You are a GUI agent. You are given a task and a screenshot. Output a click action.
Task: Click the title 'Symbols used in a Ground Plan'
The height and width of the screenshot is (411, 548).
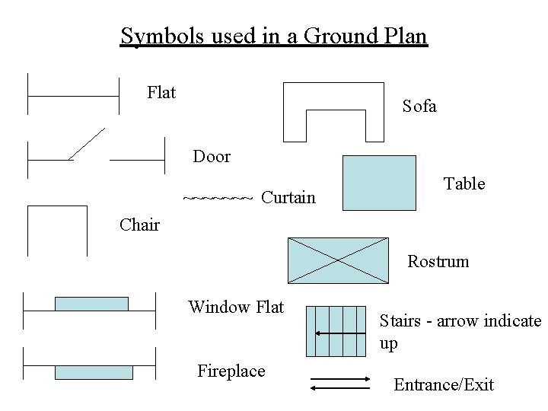coord(274,36)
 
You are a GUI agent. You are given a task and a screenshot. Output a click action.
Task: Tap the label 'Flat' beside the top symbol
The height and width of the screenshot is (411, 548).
coord(161,93)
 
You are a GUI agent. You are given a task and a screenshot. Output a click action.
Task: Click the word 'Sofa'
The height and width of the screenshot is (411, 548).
coord(419,107)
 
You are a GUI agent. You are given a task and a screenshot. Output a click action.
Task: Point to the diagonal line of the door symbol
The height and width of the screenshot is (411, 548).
coord(86,145)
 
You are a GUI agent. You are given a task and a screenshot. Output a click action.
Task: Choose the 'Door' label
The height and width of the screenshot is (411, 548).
coord(212,157)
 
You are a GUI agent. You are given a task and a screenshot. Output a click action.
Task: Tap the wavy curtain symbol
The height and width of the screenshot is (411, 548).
coord(218,198)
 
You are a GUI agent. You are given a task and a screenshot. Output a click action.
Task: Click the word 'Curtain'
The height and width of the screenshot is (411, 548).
coord(288,198)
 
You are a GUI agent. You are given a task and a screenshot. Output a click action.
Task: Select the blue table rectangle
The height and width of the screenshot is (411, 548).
coord(380,182)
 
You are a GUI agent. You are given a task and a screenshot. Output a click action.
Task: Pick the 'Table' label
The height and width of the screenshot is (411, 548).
coord(464,183)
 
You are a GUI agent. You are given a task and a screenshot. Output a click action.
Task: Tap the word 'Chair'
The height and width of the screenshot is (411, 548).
coord(140,225)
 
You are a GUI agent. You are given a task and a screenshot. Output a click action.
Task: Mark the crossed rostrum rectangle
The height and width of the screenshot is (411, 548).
coord(337,260)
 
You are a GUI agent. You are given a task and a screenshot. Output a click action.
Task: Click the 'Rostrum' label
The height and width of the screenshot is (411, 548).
coord(438,262)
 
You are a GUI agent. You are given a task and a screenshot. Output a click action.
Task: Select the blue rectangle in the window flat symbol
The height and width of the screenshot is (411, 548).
coord(91,304)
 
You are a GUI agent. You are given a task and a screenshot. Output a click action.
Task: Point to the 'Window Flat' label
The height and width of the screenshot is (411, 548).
coord(236,307)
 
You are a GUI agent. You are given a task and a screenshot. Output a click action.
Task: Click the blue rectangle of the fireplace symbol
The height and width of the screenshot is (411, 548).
coord(94,372)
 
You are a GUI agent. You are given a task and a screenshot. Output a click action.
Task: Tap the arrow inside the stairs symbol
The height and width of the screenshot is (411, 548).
coord(339,333)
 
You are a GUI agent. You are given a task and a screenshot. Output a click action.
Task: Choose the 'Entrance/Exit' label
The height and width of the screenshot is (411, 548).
coord(444,385)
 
